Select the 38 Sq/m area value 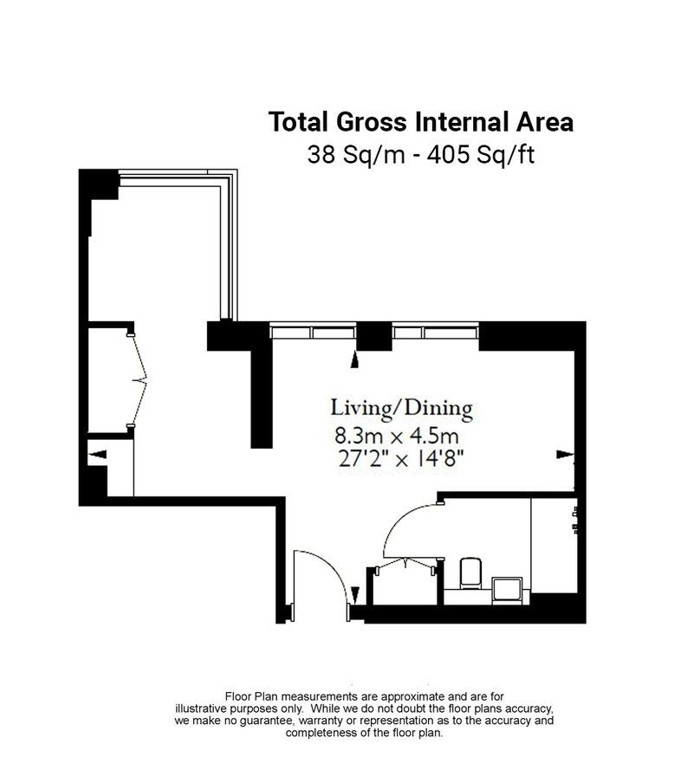(x=356, y=155)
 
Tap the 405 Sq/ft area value (x=481, y=155)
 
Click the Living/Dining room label (x=402, y=408)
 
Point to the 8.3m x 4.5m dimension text (x=397, y=436)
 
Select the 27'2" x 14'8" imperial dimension (x=401, y=458)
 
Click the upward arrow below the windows (x=355, y=360)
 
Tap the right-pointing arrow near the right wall (x=565, y=454)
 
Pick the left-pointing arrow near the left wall (x=99, y=454)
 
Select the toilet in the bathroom (x=470, y=573)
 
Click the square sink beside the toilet (x=508, y=591)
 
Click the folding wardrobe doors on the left (x=139, y=380)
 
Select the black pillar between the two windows (x=374, y=336)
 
